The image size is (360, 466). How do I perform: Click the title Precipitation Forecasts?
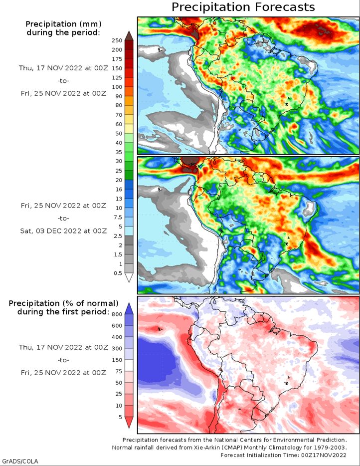pyautogui.click(x=243, y=7)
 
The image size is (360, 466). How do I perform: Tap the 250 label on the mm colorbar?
pyautogui.click(x=117, y=41)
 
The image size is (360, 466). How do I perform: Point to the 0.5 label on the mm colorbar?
pyautogui.click(x=118, y=273)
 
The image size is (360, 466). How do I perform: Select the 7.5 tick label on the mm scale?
pyautogui.click(x=118, y=217)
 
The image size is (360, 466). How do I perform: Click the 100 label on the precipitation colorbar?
pyautogui.click(x=117, y=87)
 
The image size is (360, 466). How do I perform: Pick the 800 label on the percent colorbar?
pyautogui.click(x=117, y=314)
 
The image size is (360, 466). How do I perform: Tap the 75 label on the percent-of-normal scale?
pyautogui.click(x=119, y=371)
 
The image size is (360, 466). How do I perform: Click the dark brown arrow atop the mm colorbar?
pyautogui.click(x=129, y=35)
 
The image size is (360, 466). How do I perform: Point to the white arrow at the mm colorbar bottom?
pyautogui.click(x=129, y=277)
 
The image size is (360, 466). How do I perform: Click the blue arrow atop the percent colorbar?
pyautogui.click(x=129, y=308)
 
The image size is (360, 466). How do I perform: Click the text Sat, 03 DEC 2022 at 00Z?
pyautogui.click(x=63, y=231)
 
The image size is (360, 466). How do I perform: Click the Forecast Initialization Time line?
pyautogui.click(x=283, y=455)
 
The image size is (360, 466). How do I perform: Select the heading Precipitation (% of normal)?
pyautogui.click(x=63, y=303)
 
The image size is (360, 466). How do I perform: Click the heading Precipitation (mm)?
pyautogui.click(x=63, y=24)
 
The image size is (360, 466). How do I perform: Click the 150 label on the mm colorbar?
pyautogui.click(x=117, y=68)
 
